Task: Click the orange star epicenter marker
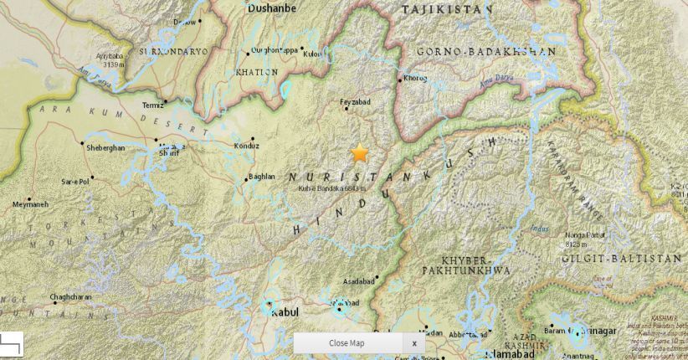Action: pyautogui.click(x=360, y=152)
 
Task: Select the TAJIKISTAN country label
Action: pyautogui.click(x=446, y=9)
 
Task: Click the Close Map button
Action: pyautogui.click(x=347, y=343)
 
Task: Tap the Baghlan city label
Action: pyautogui.click(x=261, y=177)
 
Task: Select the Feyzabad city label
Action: pyautogui.click(x=355, y=101)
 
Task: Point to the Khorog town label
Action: pyautogui.click(x=416, y=79)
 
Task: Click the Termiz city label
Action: pyautogui.click(x=153, y=105)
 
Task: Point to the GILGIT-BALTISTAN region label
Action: pyautogui.click(x=623, y=260)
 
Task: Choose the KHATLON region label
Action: pyautogui.click(x=257, y=72)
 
